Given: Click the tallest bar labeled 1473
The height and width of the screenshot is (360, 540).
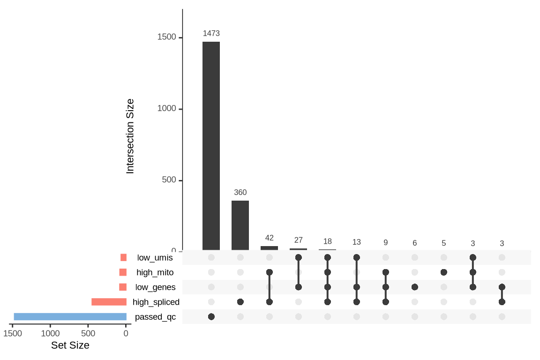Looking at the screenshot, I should pos(211,145).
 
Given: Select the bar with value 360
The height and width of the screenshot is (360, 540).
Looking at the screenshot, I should pos(240,225).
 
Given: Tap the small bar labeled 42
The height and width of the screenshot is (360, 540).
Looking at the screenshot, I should pos(269,248).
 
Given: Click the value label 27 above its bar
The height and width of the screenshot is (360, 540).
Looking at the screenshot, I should pos(298,240).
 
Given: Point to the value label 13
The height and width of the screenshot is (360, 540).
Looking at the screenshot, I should pos(356,242).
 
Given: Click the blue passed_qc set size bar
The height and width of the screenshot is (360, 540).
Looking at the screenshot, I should pos(70,316).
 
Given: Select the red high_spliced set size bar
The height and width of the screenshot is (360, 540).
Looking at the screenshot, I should pos(109,302).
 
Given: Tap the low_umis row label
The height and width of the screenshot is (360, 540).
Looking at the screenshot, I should pos(155,257).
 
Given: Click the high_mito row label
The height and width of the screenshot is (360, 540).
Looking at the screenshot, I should pos(155,272).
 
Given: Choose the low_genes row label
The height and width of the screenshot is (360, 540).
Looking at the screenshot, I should pos(156,287).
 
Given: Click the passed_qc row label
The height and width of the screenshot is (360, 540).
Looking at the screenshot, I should pos(155,317).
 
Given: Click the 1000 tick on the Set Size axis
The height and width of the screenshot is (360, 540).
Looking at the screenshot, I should pos(50,333).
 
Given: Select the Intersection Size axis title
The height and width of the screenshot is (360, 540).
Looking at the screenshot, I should pos(130,136).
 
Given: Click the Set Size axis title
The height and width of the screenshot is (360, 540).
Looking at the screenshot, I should pos(70,345).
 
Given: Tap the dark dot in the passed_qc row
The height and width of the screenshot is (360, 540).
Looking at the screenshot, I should pos(211,317).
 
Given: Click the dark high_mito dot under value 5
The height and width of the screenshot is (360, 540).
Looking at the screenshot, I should pos(443,272).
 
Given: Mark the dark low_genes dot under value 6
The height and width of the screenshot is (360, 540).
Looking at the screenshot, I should pos(414,287).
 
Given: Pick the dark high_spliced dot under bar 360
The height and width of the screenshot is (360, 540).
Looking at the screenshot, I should pos(240,302).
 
